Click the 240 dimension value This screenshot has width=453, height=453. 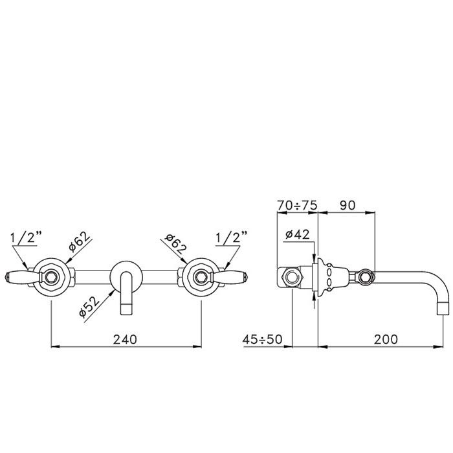125,340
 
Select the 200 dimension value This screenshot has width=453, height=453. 386,339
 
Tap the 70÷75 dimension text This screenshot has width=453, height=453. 297,205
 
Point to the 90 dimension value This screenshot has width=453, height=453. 348,205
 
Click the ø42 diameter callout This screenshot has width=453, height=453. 297,234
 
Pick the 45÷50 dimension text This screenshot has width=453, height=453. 262,340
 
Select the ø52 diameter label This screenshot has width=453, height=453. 89,306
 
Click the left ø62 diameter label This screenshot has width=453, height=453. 78,241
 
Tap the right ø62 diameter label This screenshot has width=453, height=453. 175,243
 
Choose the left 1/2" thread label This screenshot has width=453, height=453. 26,238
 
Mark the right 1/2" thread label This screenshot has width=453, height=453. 232,238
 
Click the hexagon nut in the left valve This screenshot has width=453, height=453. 51,278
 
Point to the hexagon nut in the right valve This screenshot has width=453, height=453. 201,278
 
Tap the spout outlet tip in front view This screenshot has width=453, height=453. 126,309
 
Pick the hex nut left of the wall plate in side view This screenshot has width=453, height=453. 293,278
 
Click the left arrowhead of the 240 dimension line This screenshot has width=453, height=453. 56,346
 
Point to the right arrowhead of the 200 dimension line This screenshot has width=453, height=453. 439,346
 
